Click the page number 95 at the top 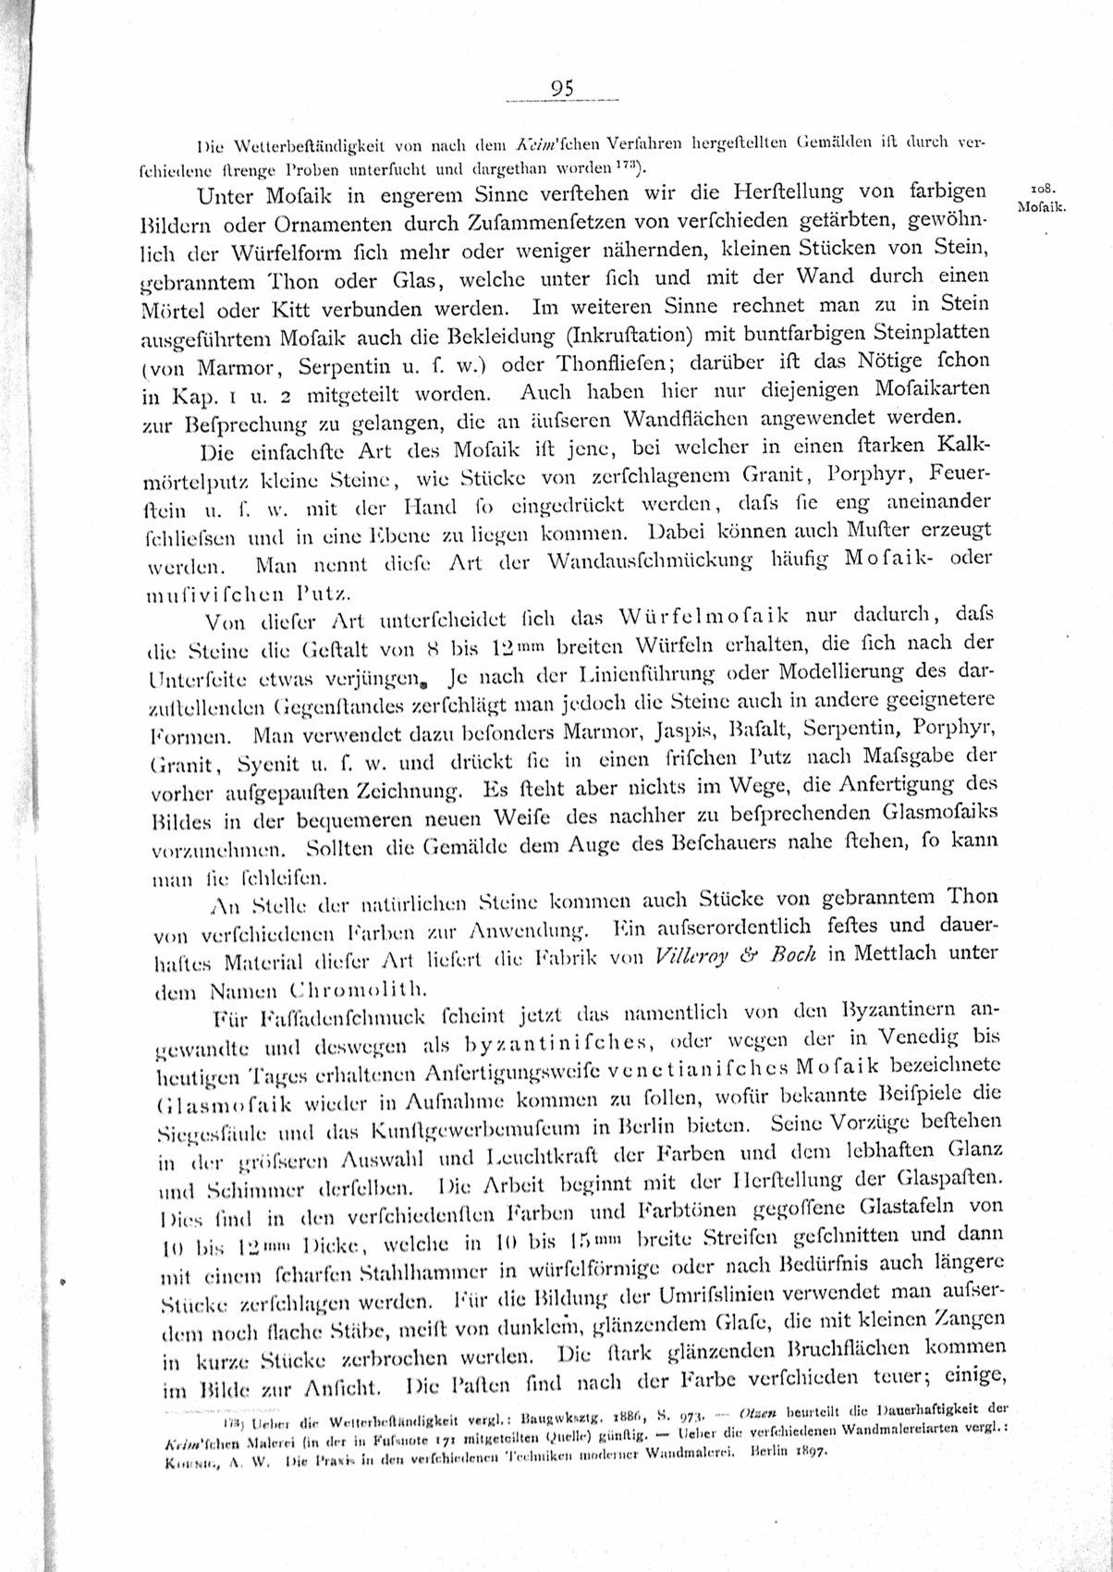click(562, 89)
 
